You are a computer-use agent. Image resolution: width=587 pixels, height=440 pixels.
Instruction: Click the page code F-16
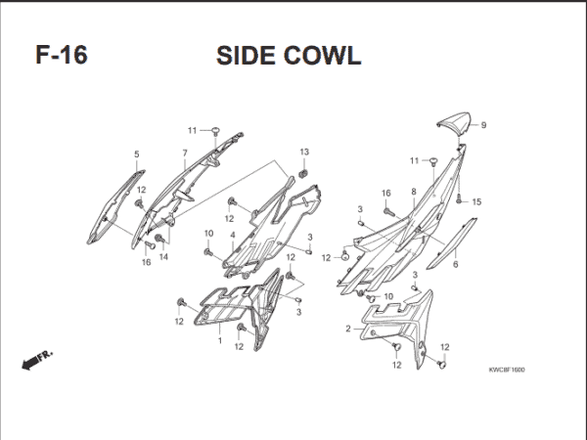pyautogui.click(x=62, y=55)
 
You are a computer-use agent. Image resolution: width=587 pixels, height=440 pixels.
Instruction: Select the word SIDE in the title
pyautogui.click(x=245, y=55)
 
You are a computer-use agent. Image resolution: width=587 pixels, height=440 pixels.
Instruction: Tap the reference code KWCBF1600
pyautogui.click(x=507, y=370)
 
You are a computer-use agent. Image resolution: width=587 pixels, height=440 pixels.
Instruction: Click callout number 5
pyautogui.click(x=136, y=154)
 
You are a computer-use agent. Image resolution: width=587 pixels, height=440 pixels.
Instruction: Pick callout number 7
pyautogui.click(x=184, y=154)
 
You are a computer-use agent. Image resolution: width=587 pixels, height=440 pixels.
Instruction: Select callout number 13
pyautogui.click(x=304, y=152)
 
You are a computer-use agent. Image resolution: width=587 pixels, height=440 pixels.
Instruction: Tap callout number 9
pyautogui.click(x=483, y=125)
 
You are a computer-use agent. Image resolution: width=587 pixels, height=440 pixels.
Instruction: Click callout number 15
pyautogui.click(x=477, y=202)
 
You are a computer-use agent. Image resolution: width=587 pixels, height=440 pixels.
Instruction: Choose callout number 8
pyautogui.click(x=414, y=192)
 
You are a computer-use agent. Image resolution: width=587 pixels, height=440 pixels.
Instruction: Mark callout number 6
pyautogui.click(x=455, y=265)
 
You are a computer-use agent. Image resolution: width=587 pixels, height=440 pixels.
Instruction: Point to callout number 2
pyautogui.click(x=347, y=329)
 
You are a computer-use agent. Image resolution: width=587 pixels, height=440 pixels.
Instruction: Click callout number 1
pyautogui.click(x=219, y=341)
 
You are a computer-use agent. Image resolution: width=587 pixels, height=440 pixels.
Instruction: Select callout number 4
pyautogui.click(x=233, y=236)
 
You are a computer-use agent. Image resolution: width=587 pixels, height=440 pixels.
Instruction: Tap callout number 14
pyautogui.click(x=163, y=257)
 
